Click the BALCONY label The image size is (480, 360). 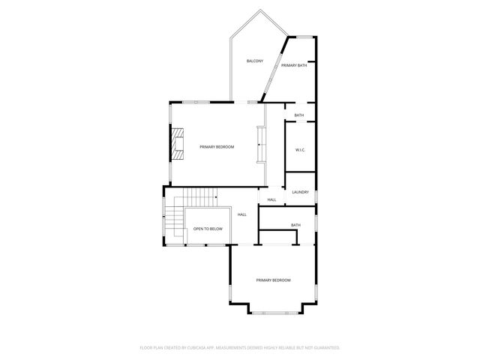[255, 60]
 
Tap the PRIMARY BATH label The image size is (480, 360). [294, 66]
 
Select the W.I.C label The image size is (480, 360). [299, 150]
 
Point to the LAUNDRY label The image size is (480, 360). [300, 192]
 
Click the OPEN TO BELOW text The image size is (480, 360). [208, 229]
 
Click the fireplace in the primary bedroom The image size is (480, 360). [177, 143]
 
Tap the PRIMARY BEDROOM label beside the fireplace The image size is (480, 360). [217, 147]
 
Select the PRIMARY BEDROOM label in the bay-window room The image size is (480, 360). [273, 280]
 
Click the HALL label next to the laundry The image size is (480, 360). [271, 199]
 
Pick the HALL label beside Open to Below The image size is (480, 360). [242, 215]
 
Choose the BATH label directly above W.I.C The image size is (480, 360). [298, 115]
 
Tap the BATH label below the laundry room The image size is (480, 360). [295, 225]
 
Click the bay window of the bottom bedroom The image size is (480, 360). [274, 310]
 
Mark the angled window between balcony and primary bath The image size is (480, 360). [273, 67]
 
